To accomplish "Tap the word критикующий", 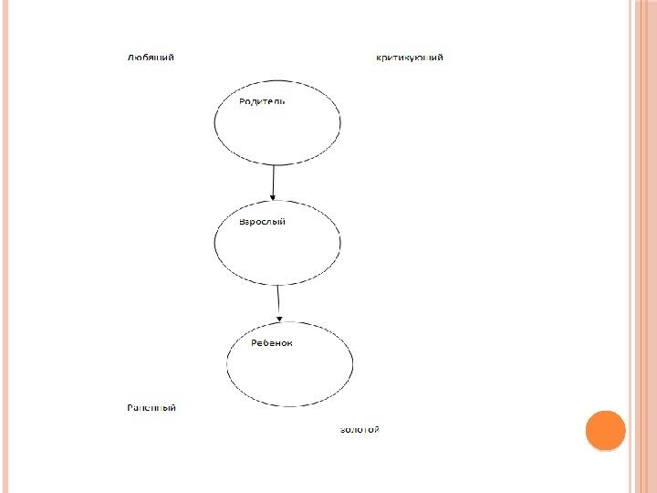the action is tap(411, 58).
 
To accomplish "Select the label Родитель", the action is tap(262, 101).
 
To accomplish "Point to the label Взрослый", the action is tap(262, 222).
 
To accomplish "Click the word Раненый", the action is tap(151, 407).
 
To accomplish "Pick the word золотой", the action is tap(359, 428).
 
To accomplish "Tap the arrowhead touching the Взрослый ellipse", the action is tap(274, 197).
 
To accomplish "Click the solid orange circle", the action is tap(604, 431).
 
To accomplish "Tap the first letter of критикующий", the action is tap(379, 58).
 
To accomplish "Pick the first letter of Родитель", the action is tap(243, 101).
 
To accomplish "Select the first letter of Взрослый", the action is tap(242, 222).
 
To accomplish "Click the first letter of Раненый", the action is tap(130, 407).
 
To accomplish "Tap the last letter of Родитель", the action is tap(282, 101).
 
